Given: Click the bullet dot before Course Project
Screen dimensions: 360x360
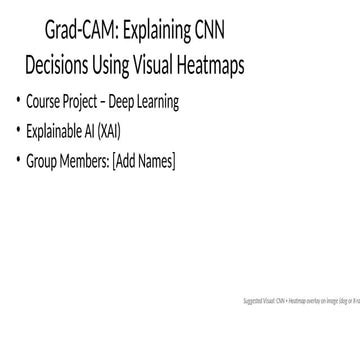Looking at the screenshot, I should [x=17, y=102].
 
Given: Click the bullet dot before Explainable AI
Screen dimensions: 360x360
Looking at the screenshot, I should [x=17, y=130].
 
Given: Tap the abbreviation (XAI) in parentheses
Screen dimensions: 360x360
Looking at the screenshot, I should [x=118, y=130].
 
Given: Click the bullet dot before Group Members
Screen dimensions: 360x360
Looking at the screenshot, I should [x=17, y=158].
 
